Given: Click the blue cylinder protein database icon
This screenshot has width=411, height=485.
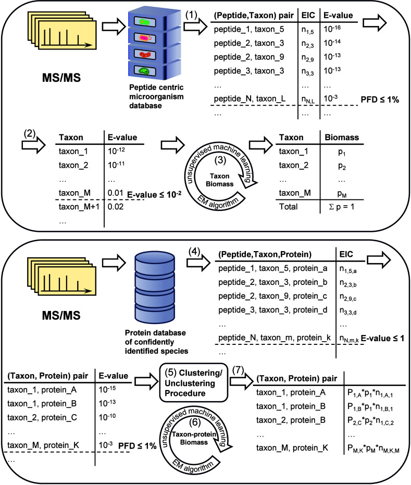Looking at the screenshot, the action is [155, 288].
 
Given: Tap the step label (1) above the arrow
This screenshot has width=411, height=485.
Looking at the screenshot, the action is [191, 15].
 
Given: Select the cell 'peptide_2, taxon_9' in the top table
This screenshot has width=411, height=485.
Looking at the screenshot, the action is [248, 57].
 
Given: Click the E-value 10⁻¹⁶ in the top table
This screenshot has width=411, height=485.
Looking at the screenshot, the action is [332, 29].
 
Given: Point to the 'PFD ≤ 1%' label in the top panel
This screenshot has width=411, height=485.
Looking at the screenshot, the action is [380, 100].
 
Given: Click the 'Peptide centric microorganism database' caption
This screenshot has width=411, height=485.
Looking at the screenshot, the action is [156, 96].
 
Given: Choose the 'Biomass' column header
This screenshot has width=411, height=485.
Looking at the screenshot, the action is [342, 138].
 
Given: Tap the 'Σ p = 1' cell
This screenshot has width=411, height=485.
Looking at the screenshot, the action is [341, 207].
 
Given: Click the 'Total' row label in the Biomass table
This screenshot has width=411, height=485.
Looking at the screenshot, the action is [288, 207].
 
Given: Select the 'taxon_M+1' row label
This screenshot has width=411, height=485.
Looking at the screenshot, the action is [79, 207].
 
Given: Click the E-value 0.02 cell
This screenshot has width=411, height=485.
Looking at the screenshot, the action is [115, 207].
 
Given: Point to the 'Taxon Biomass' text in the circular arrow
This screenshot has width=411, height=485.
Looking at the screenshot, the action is [220, 180].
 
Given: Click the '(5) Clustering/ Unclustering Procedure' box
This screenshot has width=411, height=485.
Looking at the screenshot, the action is [194, 382].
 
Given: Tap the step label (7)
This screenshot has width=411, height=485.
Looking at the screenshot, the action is [238, 370].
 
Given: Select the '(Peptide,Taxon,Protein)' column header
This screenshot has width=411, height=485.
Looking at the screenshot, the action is [265, 254].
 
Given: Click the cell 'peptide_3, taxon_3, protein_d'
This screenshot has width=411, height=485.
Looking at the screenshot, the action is [272, 310].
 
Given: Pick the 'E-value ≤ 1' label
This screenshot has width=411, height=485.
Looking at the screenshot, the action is [382, 339].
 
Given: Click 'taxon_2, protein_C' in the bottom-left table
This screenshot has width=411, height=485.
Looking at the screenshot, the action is [42, 418].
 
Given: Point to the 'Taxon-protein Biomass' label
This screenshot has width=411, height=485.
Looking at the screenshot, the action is [194, 438].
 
